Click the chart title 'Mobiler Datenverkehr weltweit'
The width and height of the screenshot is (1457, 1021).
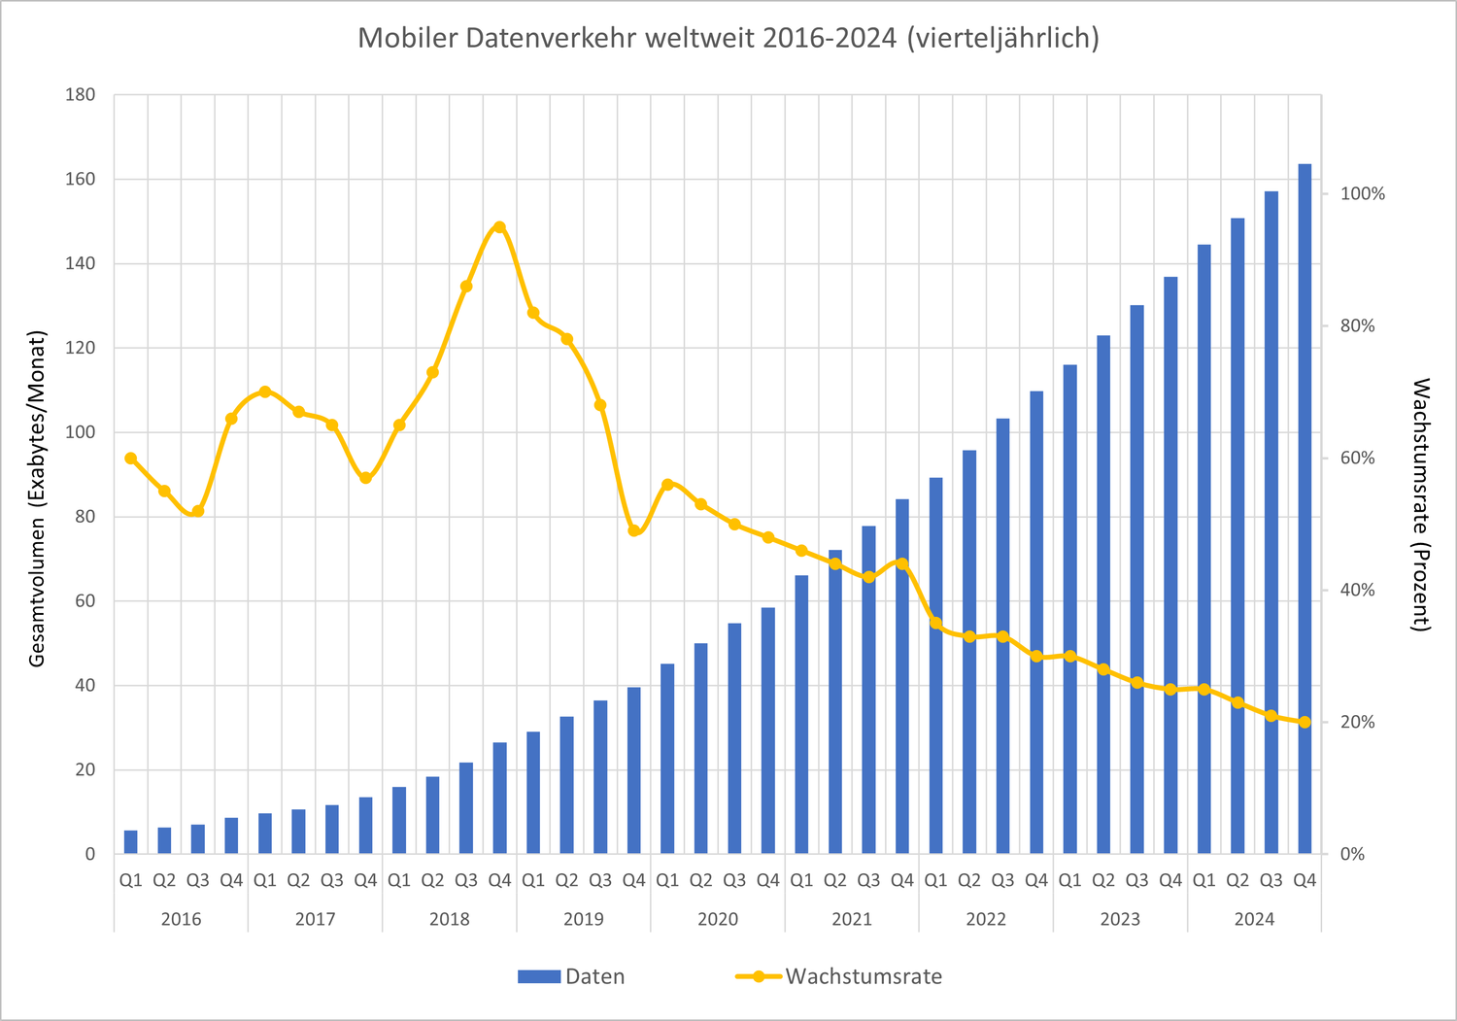pos(728,38)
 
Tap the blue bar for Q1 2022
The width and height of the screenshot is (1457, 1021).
pos(935,665)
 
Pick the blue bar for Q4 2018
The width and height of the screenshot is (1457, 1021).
pos(499,798)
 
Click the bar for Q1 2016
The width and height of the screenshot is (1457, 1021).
pos(131,842)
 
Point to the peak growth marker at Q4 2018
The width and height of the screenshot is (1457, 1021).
pos(499,227)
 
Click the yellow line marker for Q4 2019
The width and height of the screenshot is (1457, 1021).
pos(634,530)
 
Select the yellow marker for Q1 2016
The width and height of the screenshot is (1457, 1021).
pos(131,459)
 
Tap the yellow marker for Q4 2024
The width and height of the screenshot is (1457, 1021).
pos(1305,722)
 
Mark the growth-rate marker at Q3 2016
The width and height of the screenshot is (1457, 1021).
pos(198,511)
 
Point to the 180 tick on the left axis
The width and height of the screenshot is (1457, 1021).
pos(81,95)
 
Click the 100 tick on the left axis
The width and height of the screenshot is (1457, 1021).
pos(81,432)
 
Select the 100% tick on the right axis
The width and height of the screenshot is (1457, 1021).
pos(1362,194)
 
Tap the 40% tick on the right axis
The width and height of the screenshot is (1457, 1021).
pos(1357,591)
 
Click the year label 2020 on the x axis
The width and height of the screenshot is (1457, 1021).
pos(718,919)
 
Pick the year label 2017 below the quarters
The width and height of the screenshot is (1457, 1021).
pos(315,919)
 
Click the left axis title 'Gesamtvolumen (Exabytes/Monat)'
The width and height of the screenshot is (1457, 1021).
pos(38,498)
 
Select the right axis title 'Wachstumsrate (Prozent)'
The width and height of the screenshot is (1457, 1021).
pos(1420,505)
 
